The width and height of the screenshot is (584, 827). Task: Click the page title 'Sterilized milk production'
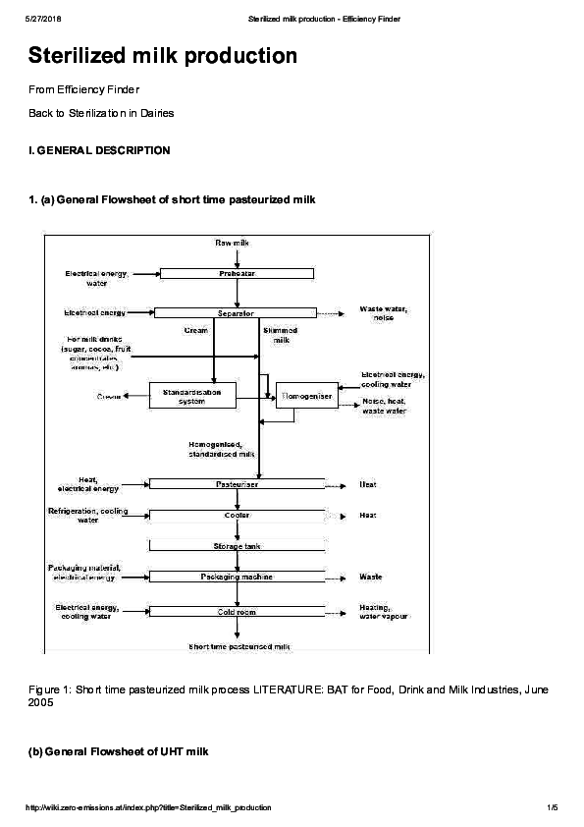tap(162, 56)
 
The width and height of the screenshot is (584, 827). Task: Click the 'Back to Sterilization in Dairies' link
tap(101, 113)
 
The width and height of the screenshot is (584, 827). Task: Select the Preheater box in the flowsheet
tap(237, 274)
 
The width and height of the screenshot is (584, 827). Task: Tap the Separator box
tap(236, 313)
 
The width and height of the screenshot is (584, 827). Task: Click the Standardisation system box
tap(192, 396)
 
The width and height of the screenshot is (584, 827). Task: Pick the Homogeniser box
tap(306, 396)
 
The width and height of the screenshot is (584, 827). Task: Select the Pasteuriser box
tap(237, 484)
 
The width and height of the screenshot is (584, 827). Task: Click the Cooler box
tap(237, 515)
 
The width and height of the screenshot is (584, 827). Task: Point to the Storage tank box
tap(237, 546)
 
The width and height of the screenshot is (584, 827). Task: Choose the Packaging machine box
tap(237, 578)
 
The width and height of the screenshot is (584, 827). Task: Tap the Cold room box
tap(237, 612)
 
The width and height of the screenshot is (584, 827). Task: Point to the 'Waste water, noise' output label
tap(384, 313)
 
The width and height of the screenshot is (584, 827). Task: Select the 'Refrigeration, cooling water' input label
tap(87, 516)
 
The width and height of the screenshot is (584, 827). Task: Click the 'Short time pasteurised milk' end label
tap(240, 646)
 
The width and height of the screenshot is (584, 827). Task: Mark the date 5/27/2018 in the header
tap(44, 19)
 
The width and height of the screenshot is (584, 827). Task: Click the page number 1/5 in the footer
tap(552, 807)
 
